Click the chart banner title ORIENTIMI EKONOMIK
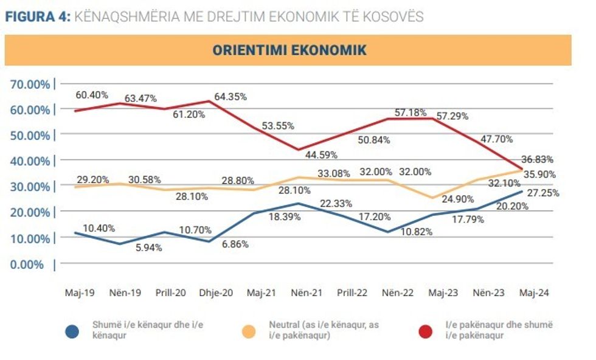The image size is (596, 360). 289,50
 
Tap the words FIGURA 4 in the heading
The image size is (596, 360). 37,16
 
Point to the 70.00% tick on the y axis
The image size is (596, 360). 30,84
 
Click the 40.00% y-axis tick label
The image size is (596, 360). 30,161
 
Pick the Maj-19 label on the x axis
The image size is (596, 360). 81,292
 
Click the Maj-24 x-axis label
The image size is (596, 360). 534,292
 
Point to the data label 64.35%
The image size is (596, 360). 230,96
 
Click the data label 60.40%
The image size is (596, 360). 92,95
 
